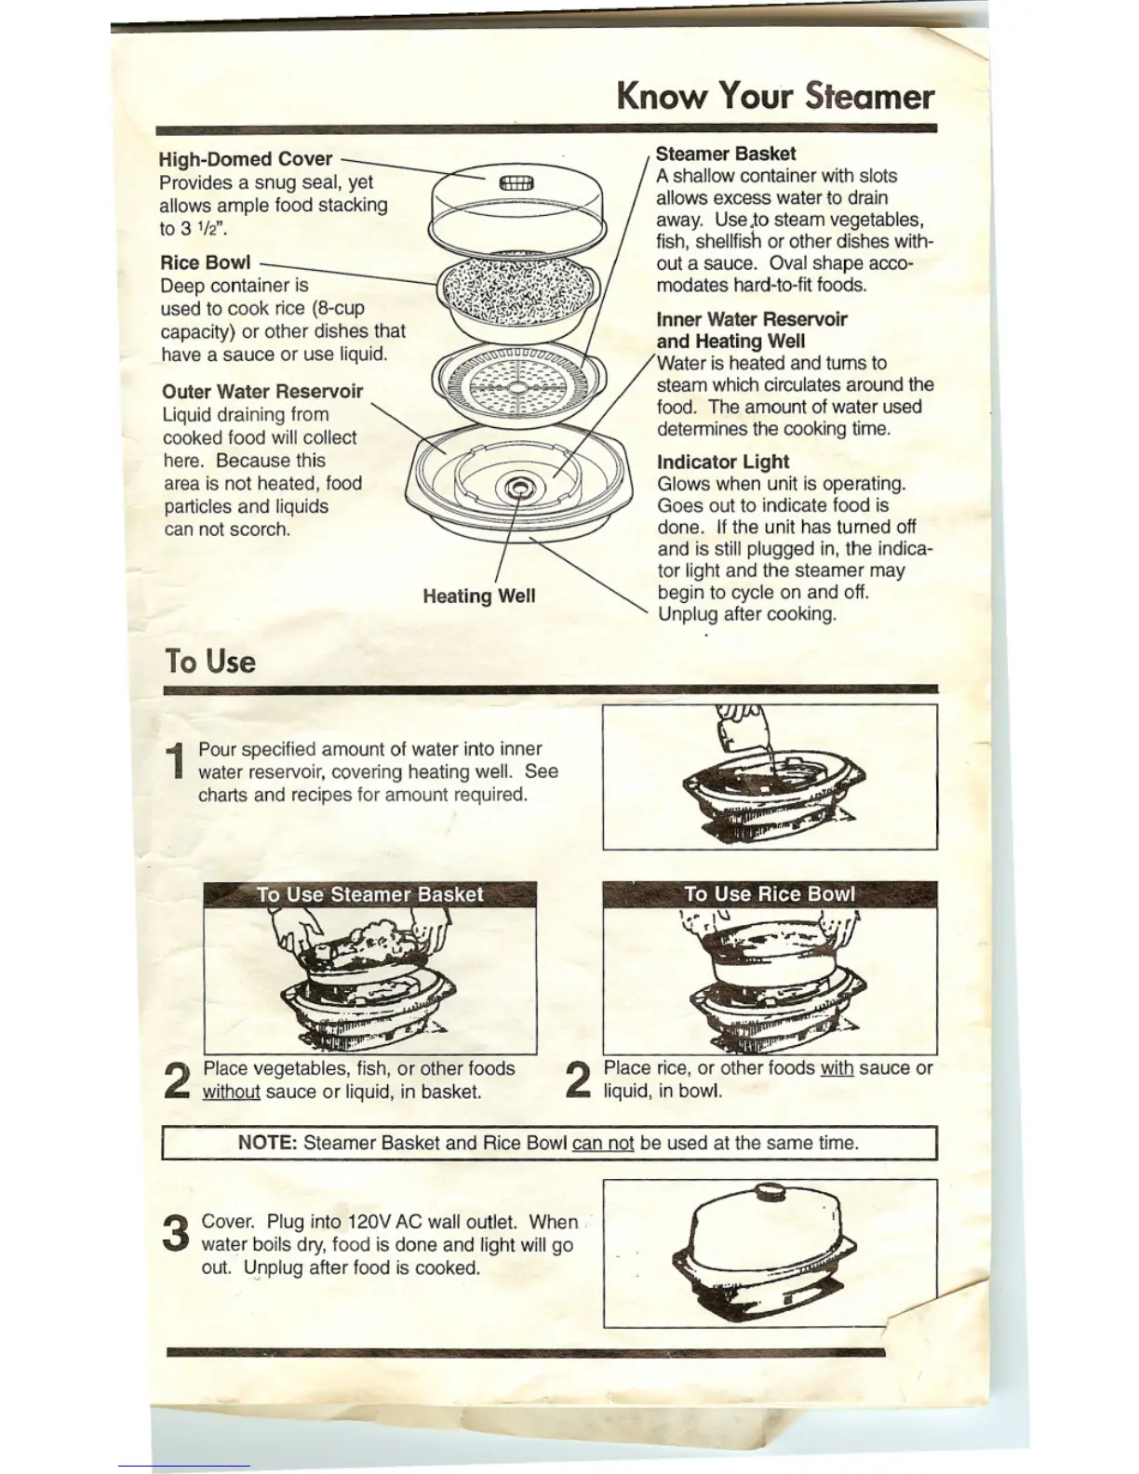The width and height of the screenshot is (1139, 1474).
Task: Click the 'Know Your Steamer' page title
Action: tap(774, 96)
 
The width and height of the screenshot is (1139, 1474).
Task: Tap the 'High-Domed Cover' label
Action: tap(245, 159)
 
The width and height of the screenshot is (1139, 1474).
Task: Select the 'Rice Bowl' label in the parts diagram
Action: tap(205, 262)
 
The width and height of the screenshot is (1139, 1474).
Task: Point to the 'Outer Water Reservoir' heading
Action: tap(262, 392)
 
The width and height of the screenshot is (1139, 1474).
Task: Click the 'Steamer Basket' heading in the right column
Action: tap(726, 154)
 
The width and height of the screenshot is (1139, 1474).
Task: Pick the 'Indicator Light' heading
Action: tap(723, 462)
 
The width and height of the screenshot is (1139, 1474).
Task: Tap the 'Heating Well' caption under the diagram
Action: tap(478, 596)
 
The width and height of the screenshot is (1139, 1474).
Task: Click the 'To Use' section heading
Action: tap(210, 662)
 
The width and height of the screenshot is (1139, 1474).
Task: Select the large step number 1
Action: tap(177, 761)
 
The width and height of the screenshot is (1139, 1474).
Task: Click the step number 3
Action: tap(176, 1234)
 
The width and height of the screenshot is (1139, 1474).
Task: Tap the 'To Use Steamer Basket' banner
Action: tap(369, 894)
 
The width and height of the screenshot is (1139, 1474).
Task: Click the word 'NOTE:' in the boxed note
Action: tap(267, 1143)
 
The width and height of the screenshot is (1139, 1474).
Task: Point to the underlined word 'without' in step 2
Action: tap(231, 1092)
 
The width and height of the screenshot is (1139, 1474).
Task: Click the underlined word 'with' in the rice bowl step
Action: tap(837, 1068)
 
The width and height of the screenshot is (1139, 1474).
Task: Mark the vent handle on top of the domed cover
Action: tap(517, 182)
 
